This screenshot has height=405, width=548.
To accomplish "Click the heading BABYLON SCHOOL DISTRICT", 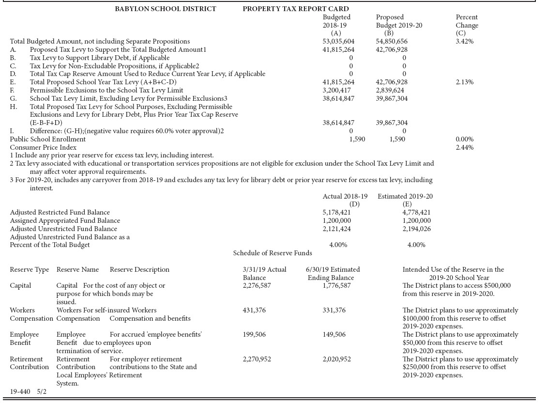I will (x=165, y=9).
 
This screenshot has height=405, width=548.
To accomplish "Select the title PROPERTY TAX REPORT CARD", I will (x=295, y=9).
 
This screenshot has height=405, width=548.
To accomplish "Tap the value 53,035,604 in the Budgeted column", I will (x=338, y=42).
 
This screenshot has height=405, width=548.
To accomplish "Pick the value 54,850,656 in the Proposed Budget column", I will (x=392, y=42).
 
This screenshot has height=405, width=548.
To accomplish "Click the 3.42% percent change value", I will (x=464, y=42).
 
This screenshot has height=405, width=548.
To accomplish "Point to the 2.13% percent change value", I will (x=464, y=82).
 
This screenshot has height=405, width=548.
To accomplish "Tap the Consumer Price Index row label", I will (x=43, y=147).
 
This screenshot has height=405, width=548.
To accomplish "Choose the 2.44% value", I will (x=464, y=147).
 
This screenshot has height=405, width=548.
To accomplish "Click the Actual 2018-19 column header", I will (x=345, y=196).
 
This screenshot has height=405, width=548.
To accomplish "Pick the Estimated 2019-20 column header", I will (x=405, y=196).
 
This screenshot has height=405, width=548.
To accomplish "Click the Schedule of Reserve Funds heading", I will (x=273, y=253).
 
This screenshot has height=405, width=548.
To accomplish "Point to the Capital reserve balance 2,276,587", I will (x=257, y=286).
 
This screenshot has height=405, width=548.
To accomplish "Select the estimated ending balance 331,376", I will (x=334, y=311).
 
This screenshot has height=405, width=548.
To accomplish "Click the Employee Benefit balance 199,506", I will (x=254, y=335).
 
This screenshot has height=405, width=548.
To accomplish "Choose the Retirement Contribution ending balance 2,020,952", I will (x=336, y=359).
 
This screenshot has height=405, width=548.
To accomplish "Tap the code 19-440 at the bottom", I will (x=20, y=391).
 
